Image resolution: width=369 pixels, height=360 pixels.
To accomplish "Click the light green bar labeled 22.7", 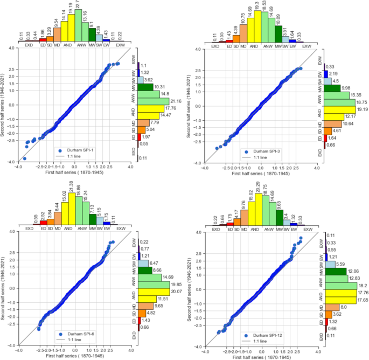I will click(78, 26).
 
